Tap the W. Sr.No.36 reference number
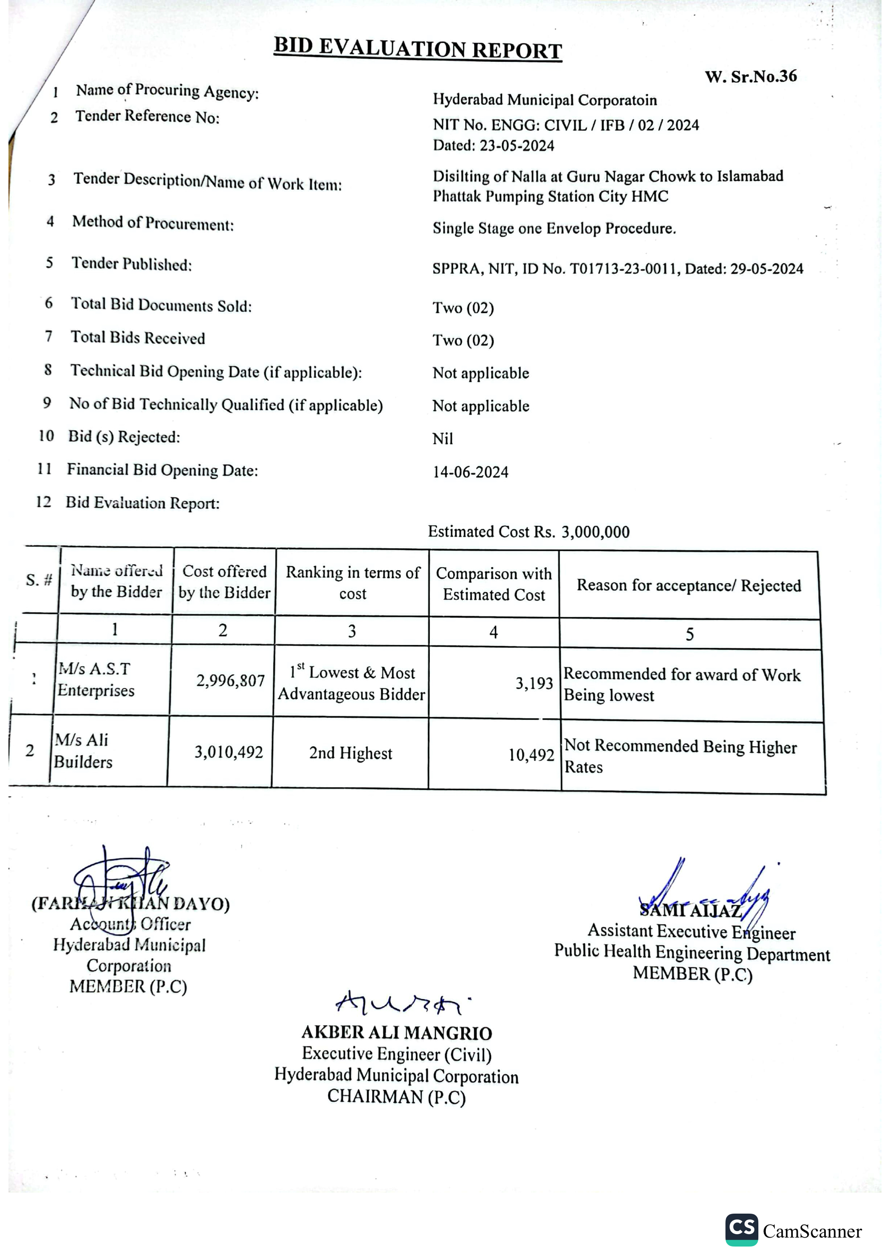click(x=750, y=76)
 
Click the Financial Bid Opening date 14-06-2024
click(x=470, y=472)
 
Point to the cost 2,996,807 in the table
click(x=230, y=681)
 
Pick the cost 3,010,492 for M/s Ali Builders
click(x=229, y=752)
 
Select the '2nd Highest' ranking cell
click(x=351, y=753)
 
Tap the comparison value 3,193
click(x=534, y=683)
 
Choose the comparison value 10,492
click(x=531, y=755)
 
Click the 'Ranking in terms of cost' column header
click(x=353, y=583)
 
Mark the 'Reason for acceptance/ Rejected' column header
click(x=689, y=586)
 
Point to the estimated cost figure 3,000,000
click(x=595, y=532)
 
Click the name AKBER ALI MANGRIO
click(x=396, y=1033)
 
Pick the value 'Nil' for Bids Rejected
click(x=442, y=439)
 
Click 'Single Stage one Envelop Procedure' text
click(x=553, y=228)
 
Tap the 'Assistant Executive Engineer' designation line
click(x=692, y=931)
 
